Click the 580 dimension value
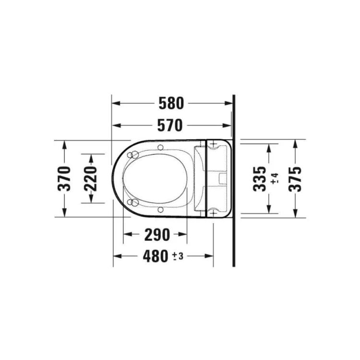click(x=171, y=103)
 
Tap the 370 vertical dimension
click(x=64, y=178)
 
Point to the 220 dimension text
click(x=92, y=178)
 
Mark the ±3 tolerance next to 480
click(x=178, y=257)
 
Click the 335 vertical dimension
click(x=259, y=178)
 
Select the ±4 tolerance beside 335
click(x=274, y=179)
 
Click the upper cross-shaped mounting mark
click(x=212, y=144)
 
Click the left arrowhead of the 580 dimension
click(x=115, y=103)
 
